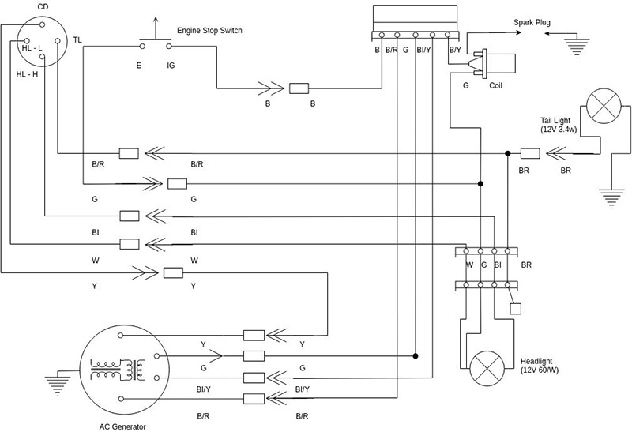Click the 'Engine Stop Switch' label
point(209,31)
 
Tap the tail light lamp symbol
point(604,106)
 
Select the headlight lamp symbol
point(487,368)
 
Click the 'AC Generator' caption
point(122,426)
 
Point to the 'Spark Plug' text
point(532,23)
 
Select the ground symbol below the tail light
point(611,198)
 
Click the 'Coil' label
point(496,85)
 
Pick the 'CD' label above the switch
point(43,7)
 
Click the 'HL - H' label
point(27,74)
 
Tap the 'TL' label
point(77,40)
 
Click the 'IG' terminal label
point(171,66)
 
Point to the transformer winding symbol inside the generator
point(117,369)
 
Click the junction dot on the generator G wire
point(416,356)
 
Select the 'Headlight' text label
point(536,361)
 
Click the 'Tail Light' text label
point(555,121)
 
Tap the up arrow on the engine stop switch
point(156,28)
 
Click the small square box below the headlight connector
point(516,309)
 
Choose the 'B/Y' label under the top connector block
point(455,50)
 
